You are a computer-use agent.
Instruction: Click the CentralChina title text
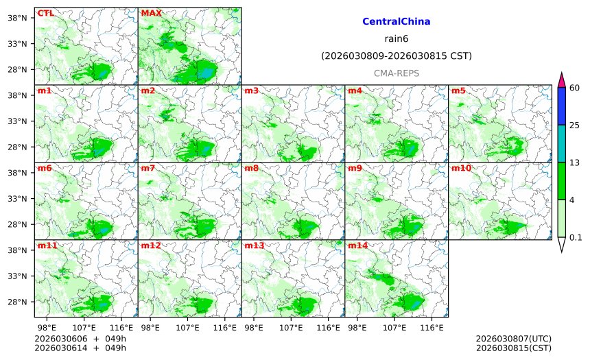396,22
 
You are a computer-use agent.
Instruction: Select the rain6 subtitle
396,39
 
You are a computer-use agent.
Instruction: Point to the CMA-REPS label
396,73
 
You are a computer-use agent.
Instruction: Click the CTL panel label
45,13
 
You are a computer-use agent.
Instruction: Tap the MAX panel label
151,13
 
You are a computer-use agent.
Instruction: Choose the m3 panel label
251,91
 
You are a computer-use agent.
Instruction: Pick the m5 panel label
458,91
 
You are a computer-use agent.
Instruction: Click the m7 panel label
147,168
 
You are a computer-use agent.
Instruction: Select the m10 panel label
461,168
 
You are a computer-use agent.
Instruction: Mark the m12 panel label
150,245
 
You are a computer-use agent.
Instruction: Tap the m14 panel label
357,245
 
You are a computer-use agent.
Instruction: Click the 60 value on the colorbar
575,88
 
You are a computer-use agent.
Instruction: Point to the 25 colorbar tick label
575,125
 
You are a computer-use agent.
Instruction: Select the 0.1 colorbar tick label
576,237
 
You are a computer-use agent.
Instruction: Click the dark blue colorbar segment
561,106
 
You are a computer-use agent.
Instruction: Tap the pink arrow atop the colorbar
561,79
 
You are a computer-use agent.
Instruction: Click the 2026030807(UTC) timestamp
513,339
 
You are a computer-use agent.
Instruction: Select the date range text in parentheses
396,56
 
